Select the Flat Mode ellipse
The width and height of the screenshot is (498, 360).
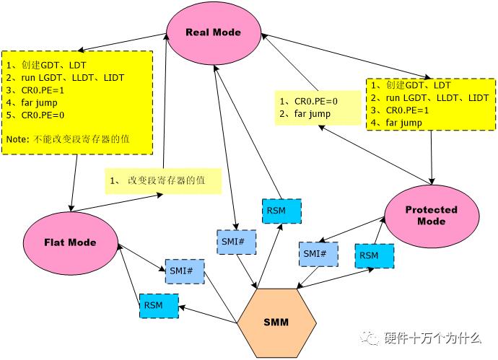tap(70, 242)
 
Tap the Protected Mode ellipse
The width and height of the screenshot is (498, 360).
tap(431, 215)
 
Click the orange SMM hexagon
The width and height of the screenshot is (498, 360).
tap(276, 322)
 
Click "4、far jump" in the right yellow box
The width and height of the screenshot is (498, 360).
tap(396, 123)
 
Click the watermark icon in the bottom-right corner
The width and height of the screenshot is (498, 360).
tap(372, 336)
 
